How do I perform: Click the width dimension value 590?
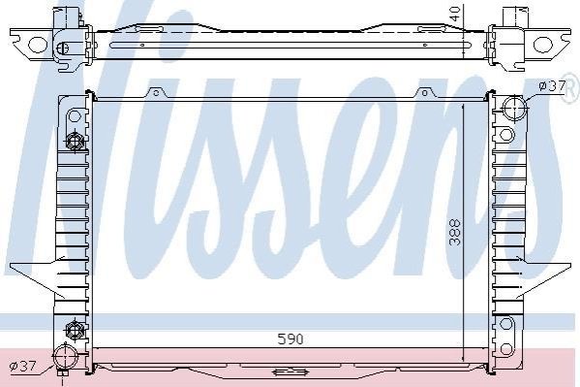[290, 339]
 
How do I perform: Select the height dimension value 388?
[455, 233]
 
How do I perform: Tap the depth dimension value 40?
[456, 15]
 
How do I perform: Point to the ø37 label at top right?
[552, 86]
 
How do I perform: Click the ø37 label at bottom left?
[23, 367]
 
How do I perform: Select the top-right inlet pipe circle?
[514, 108]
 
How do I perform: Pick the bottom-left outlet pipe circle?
[65, 357]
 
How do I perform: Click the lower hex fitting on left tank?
[74, 329]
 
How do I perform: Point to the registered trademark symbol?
[571, 91]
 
